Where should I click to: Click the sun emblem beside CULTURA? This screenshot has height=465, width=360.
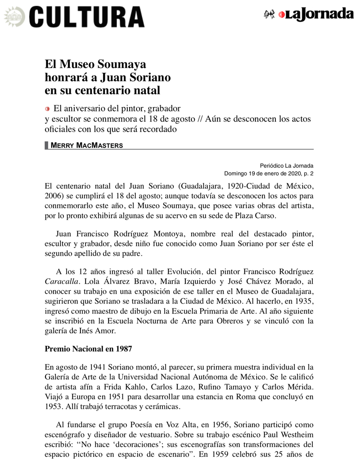pos(14,17)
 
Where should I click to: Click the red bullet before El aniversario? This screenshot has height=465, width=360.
pos(48,109)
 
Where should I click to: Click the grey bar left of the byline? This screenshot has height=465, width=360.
pos(47,145)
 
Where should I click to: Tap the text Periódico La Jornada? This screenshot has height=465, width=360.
pos(287,165)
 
